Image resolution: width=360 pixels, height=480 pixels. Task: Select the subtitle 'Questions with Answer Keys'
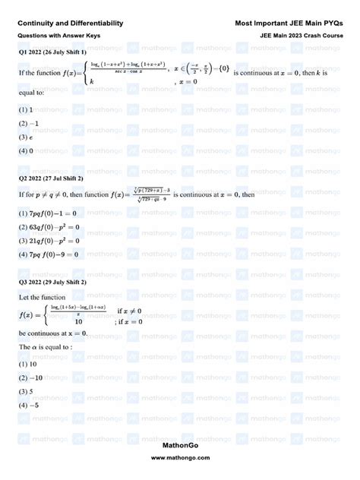coord(58,36)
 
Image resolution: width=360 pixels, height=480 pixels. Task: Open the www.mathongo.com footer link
coord(181,458)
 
